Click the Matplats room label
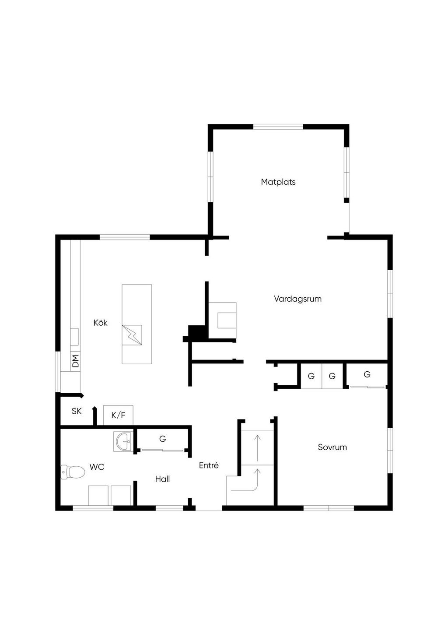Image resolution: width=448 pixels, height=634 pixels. click(x=278, y=182)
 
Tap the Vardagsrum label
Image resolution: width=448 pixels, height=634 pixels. click(x=297, y=299)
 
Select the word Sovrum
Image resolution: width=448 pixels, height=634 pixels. click(x=332, y=447)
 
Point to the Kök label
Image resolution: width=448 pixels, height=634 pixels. click(x=100, y=323)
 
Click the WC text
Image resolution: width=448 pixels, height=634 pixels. click(x=97, y=467)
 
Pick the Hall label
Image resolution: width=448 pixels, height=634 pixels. click(x=162, y=479)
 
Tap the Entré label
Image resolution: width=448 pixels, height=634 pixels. click(x=209, y=465)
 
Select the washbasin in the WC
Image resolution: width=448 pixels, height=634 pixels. click(x=123, y=441)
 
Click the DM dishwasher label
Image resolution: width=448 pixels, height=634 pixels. click(x=75, y=361)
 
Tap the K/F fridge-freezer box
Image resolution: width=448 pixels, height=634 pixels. click(x=118, y=415)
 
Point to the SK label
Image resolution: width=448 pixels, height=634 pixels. click(x=77, y=411)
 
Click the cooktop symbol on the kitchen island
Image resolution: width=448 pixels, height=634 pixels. click(x=132, y=335)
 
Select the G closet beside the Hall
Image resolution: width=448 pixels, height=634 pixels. click(x=162, y=439)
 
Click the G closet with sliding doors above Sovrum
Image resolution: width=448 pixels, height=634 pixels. click(x=367, y=375)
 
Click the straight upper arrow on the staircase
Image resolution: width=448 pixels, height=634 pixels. click(x=257, y=448)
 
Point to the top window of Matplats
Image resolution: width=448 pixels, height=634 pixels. click(x=278, y=127)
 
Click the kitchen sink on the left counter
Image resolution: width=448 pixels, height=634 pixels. click(x=74, y=337)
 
